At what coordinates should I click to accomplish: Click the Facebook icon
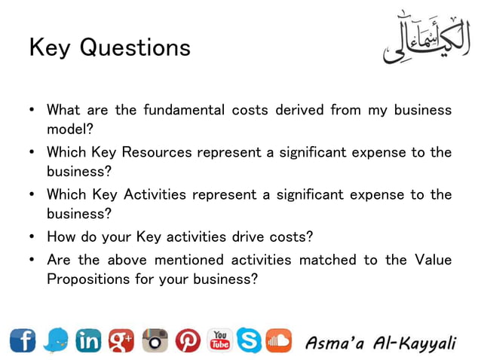click(23, 341)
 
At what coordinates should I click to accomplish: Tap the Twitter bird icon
click(56, 341)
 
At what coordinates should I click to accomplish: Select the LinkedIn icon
click(88, 341)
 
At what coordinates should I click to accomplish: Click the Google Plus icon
click(121, 341)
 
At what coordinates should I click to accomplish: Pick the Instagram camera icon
click(155, 341)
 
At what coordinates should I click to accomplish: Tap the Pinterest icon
click(188, 341)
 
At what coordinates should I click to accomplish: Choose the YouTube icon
click(219, 340)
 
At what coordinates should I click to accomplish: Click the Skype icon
click(249, 341)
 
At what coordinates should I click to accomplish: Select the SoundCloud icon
click(277, 342)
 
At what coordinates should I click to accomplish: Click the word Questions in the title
click(135, 48)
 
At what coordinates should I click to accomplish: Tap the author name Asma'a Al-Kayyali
click(381, 343)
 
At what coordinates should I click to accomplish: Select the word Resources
click(156, 153)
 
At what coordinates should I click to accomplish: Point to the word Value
click(433, 260)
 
